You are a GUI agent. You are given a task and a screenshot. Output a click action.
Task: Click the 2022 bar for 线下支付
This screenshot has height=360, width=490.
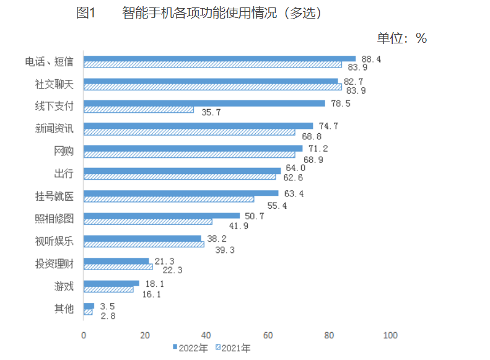204,103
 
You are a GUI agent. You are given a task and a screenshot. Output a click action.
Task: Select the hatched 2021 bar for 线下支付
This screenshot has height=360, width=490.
139,110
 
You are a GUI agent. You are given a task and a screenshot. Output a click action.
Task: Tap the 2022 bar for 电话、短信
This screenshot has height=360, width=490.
220,58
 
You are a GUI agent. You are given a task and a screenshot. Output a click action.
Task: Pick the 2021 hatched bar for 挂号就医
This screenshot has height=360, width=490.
169,200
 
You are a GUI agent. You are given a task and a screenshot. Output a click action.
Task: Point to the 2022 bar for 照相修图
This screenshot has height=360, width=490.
162,216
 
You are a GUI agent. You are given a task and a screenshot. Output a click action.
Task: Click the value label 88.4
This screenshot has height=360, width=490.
372,59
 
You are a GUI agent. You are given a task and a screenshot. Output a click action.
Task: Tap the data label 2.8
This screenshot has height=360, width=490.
108,315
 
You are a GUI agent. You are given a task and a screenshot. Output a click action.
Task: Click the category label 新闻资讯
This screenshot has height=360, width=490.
55,129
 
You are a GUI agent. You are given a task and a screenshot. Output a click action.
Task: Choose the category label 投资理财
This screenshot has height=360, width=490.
55,264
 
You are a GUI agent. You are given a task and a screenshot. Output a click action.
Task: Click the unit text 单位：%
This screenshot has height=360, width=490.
402,38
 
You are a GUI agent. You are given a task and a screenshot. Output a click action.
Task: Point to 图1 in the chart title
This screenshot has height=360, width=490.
85,13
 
